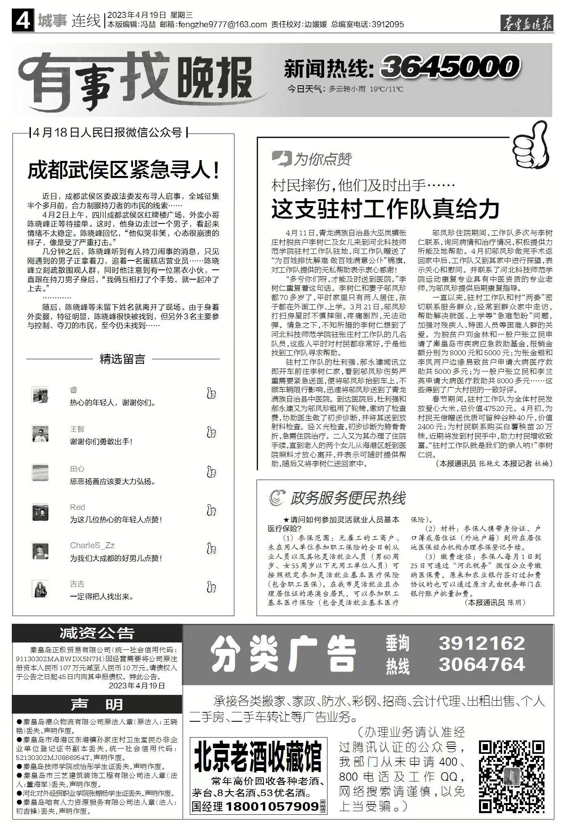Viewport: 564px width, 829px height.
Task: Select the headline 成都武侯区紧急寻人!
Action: pyautogui.click(x=124, y=170)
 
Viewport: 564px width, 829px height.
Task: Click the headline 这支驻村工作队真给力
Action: pyautogui.click(x=385, y=209)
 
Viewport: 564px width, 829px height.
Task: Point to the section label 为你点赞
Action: pyautogui.click(x=322, y=159)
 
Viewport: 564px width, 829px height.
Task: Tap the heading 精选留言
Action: pyautogui.click(x=122, y=359)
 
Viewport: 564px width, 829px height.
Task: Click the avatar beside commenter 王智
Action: pyautogui.click(x=40, y=434)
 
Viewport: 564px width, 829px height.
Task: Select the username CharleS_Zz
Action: pyautogui.click(x=92, y=545)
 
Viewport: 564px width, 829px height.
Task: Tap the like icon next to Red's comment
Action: pyautogui.click(x=211, y=510)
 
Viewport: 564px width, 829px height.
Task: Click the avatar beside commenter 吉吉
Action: pyautogui.click(x=40, y=588)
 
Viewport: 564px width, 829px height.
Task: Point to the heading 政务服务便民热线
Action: pyautogui.click(x=348, y=498)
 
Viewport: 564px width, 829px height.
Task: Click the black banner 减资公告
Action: pyautogui.click(x=97, y=633)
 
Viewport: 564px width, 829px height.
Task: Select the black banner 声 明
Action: pyautogui.click(x=97, y=704)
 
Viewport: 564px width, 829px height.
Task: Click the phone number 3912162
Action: pyautogui.click(x=482, y=643)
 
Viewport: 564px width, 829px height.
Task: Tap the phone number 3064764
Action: pyautogui.click(x=482, y=664)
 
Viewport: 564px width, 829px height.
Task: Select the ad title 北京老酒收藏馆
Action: pyautogui.click(x=258, y=756)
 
